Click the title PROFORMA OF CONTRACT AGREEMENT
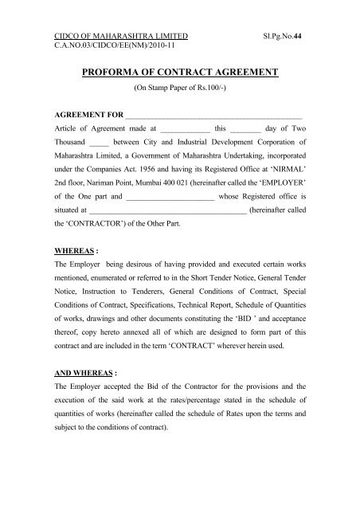click(179, 73)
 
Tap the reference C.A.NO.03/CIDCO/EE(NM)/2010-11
click(104, 48)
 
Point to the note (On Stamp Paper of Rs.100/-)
click(179, 88)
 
